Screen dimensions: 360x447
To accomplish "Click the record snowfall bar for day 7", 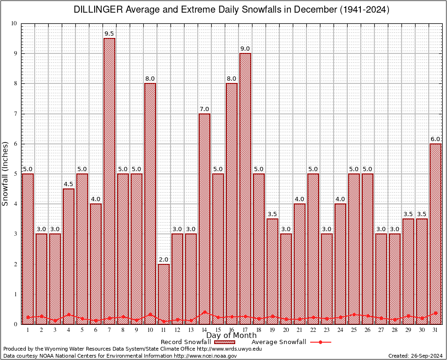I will coord(109,180).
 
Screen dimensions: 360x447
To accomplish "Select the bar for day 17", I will coord(245,187).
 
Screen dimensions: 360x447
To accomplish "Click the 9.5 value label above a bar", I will coord(109,34).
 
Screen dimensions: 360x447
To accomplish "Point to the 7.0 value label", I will coord(204,109).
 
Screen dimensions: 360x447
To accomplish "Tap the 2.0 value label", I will coord(164,260).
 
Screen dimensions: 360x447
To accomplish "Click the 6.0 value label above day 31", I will coord(435,139).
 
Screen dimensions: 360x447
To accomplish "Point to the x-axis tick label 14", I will coord(204,330).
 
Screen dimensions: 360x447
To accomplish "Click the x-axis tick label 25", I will coord(354,330).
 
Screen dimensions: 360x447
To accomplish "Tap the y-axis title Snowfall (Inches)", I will coord(6,173).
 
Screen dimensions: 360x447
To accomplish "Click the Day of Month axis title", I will coord(231,336).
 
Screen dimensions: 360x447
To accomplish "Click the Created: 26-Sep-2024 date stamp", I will coord(416,356).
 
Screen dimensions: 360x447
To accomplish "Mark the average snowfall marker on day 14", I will coord(204,312).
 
